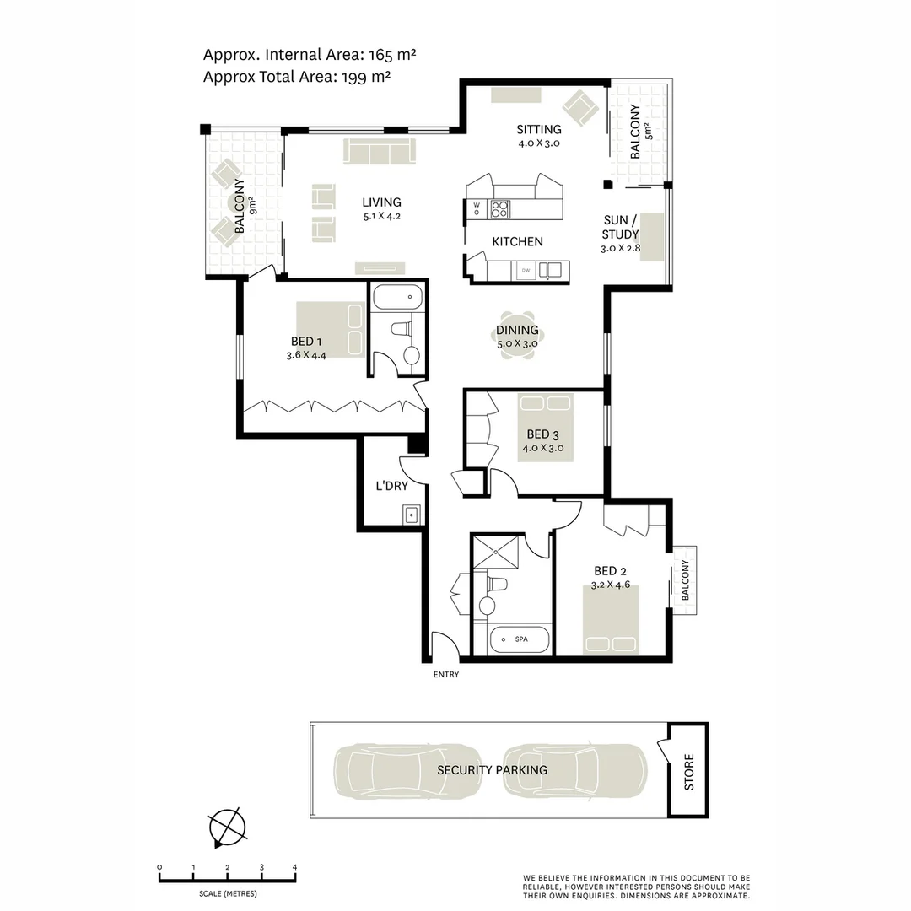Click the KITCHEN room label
517,241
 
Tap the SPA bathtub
520,640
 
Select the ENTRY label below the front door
446,675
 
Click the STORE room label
689,771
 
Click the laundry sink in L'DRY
412,514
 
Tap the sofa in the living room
380,152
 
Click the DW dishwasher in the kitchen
525,270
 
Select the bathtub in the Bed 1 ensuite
397,299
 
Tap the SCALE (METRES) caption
228,893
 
